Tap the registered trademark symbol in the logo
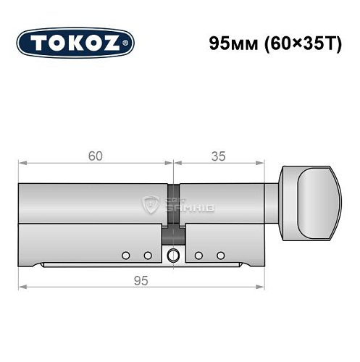[x=129, y=44]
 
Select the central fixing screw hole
[x=173, y=256]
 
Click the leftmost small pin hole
[x=125, y=256]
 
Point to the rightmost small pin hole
[x=221, y=256]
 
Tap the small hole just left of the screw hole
[x=148, y=256]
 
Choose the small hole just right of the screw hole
[x=198, y=256]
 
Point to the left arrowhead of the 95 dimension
[x=22, y=289]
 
